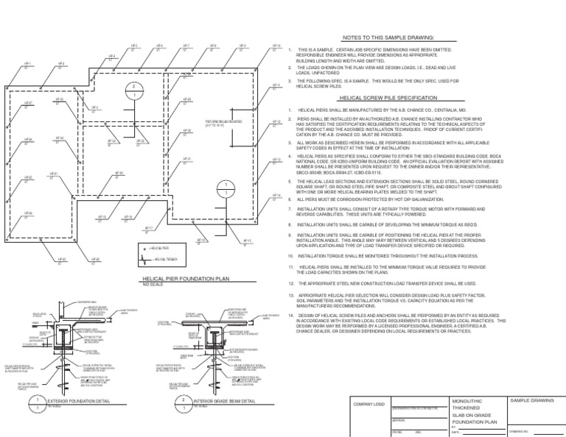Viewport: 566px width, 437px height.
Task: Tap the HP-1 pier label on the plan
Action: (28, 64)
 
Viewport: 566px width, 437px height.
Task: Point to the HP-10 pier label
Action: (277, 45)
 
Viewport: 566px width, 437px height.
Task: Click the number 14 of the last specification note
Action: (291, 315)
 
